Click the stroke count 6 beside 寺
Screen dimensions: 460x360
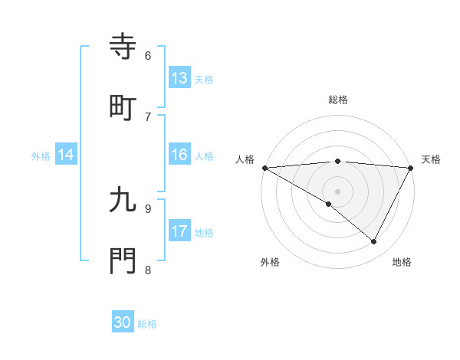(148, 55)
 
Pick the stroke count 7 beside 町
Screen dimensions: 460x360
(148, 116)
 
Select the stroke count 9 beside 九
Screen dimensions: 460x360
(148, 208)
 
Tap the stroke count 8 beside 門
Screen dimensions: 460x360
(148, 270)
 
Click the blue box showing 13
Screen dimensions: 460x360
(179, 78)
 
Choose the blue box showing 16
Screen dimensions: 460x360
(179, 155)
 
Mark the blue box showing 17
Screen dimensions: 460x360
(179, 231)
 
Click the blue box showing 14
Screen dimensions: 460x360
(66, 155)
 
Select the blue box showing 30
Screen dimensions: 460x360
(123, 322)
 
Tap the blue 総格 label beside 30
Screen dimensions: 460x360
(148, 324)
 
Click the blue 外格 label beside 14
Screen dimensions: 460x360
(41, 156)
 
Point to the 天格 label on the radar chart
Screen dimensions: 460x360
(431, 159)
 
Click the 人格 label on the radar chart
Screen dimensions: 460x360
(245, 159)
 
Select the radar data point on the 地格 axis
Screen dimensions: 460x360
(374, 241)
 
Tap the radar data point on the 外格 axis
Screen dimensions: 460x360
(329, 204)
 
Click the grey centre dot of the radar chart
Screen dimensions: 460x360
(337, 191)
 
